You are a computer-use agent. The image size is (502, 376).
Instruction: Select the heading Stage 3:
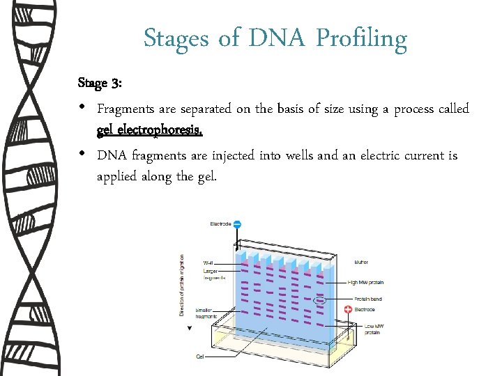tap(100, 84)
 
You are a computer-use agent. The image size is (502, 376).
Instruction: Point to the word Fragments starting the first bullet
tap(125, 109)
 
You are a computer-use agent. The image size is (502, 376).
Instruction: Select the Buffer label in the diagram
tap(361, 263)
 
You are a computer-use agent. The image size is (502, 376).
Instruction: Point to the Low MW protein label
tap(372, 328)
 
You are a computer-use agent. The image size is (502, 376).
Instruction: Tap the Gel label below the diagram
tap(200, 357)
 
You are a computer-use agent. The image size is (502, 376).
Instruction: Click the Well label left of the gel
tap(209, 263)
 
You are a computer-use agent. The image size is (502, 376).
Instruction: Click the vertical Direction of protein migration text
tap(182, 285)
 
